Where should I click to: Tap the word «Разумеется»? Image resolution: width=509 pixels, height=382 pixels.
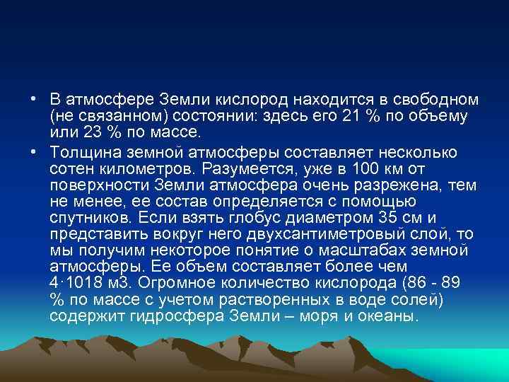[x=240, y=170]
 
